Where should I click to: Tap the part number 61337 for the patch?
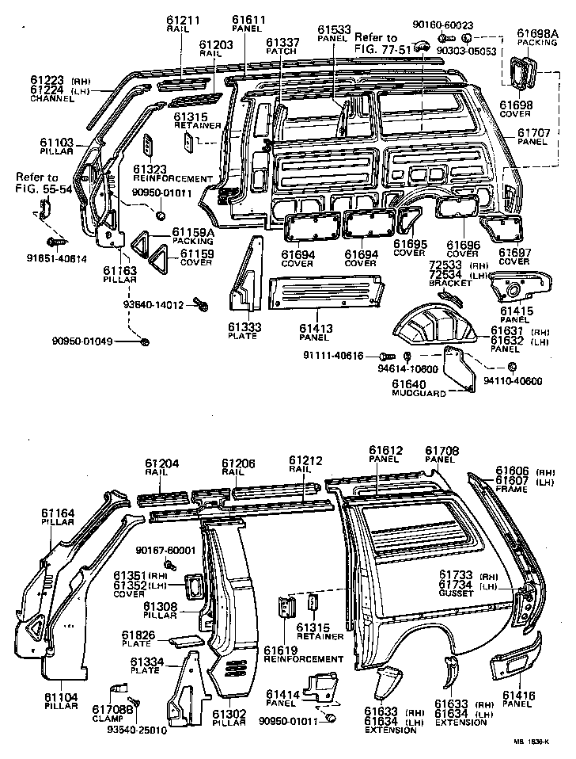[x=282, y=42]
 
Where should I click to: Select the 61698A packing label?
[x=538, y=32]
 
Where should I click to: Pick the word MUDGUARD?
[x=415, y=394]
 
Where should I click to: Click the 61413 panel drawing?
[x=324, y=291]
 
